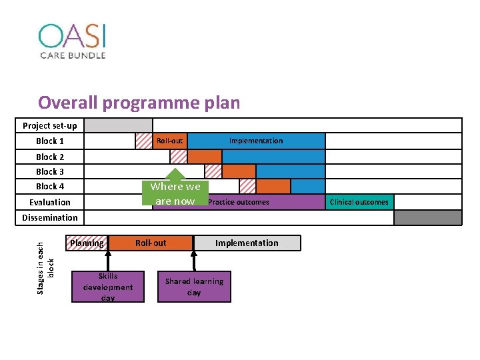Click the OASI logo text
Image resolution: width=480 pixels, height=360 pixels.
(x=72, y=36)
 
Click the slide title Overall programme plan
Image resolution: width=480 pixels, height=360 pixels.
(x=139, y=103)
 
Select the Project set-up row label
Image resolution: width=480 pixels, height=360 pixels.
(x=50, y=125)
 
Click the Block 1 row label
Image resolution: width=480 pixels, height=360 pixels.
(x=50, y=141)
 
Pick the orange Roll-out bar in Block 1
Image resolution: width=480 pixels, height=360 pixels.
(x=169, y=141)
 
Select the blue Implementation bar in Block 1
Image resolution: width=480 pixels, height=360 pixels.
(x=256, y=141)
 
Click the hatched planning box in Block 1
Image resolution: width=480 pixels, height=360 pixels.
(x=143, y=141)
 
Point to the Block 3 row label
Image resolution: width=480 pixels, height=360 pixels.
(x=50, y=171)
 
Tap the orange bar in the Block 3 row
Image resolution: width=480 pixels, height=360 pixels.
(x=239, y=171)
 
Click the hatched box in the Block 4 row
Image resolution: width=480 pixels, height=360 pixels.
(x=247, y=186)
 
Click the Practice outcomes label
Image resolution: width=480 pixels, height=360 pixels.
(x=239, y=202)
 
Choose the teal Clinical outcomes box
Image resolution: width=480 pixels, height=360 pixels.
(x=359, y=202)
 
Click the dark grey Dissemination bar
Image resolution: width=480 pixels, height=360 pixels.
(x=427, y=217)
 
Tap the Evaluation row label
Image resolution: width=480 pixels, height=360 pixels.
(x=50, y=202)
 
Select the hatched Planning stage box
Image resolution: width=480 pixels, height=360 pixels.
(x=87, y=243)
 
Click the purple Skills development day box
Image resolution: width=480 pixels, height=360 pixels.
(x=108, y=287)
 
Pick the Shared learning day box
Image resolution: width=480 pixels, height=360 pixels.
(x=194, y=287)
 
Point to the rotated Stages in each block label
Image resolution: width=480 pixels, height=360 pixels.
(x=45, y=259)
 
